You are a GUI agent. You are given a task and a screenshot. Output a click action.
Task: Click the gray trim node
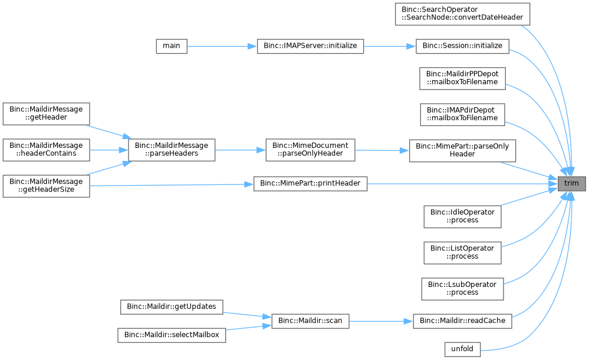pyautogui.click(x=571, y=184)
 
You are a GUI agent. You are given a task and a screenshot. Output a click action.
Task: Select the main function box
pyautogui.click(x=172, y=46)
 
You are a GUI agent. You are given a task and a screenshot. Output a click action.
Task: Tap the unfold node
pyautogui.click(x=462, y=349)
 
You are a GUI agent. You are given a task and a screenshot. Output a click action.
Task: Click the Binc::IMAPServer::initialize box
pyautogui.click(x=310, y=46)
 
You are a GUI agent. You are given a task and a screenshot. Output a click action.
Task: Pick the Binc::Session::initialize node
pyautogui.click(x=462, y=46)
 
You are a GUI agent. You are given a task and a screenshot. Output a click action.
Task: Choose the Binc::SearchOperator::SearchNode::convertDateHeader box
pyautogui.click(x=462, y=14)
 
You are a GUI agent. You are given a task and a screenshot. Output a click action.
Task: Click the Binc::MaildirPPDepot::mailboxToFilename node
pyautogui.click(x=462, y=78)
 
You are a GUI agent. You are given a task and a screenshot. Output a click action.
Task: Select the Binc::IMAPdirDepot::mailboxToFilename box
pyautogui.click(x=462, y=114)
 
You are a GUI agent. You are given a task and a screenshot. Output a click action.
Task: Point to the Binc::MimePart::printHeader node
pyautogui.click(x=310, y=184)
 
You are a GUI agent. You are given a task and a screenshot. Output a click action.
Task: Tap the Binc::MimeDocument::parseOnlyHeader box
pyautogui.click(x=310, y=150)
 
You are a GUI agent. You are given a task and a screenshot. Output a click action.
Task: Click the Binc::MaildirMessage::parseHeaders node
pyautogui.click(x=172, y=150)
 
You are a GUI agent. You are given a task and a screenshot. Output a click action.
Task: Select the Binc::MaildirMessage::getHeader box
pyautogui.click(x=46, y=114)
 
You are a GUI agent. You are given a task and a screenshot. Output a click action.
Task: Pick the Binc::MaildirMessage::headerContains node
pyautogui.click(x=46, y=150)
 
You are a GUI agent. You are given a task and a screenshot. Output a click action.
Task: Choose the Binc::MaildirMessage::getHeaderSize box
pyautogui.click(x=46, y=186)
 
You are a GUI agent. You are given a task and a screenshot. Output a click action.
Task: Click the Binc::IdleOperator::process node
pyautogui.click(x=462, y=217)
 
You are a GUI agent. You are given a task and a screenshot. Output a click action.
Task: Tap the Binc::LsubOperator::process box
pyautogui.click(x=462, y=289)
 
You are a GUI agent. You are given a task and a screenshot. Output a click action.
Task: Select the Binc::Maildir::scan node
pyautogui.click(x=310, y=321)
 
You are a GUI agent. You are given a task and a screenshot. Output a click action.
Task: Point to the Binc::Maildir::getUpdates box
pyautogui.click(x=172, y=307)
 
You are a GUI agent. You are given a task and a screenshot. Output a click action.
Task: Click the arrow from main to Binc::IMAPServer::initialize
pyautogui.click(x=222, y=46)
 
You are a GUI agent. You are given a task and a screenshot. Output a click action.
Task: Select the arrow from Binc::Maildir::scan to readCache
pyautogui.click(x=381, y=321)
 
